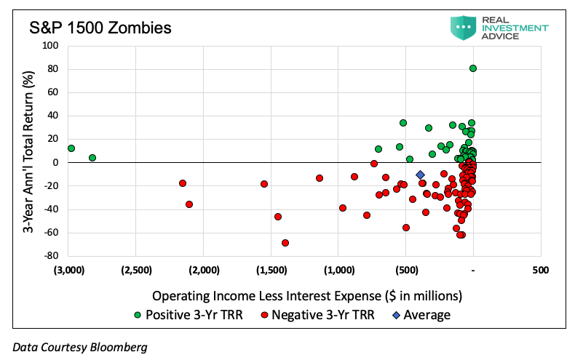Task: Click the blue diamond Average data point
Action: coord(420,175)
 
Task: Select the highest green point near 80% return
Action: coord(473,68)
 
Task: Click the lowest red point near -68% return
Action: coord(285,243)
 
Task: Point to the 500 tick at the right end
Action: coord(541,270)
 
